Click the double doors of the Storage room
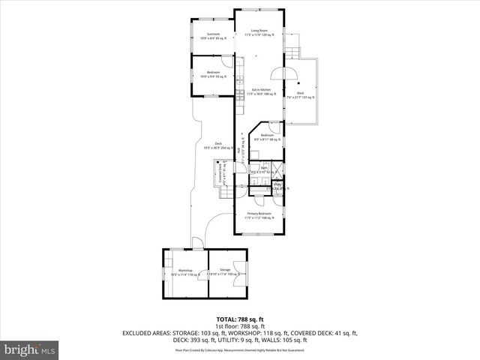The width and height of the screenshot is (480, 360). [237, 271]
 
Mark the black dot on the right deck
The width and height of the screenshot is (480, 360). [299, 83]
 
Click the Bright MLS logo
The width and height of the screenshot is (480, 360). [30, 349]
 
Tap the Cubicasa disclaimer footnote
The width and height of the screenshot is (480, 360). [239, 350]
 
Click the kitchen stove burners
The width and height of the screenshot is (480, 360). [240, 93]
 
